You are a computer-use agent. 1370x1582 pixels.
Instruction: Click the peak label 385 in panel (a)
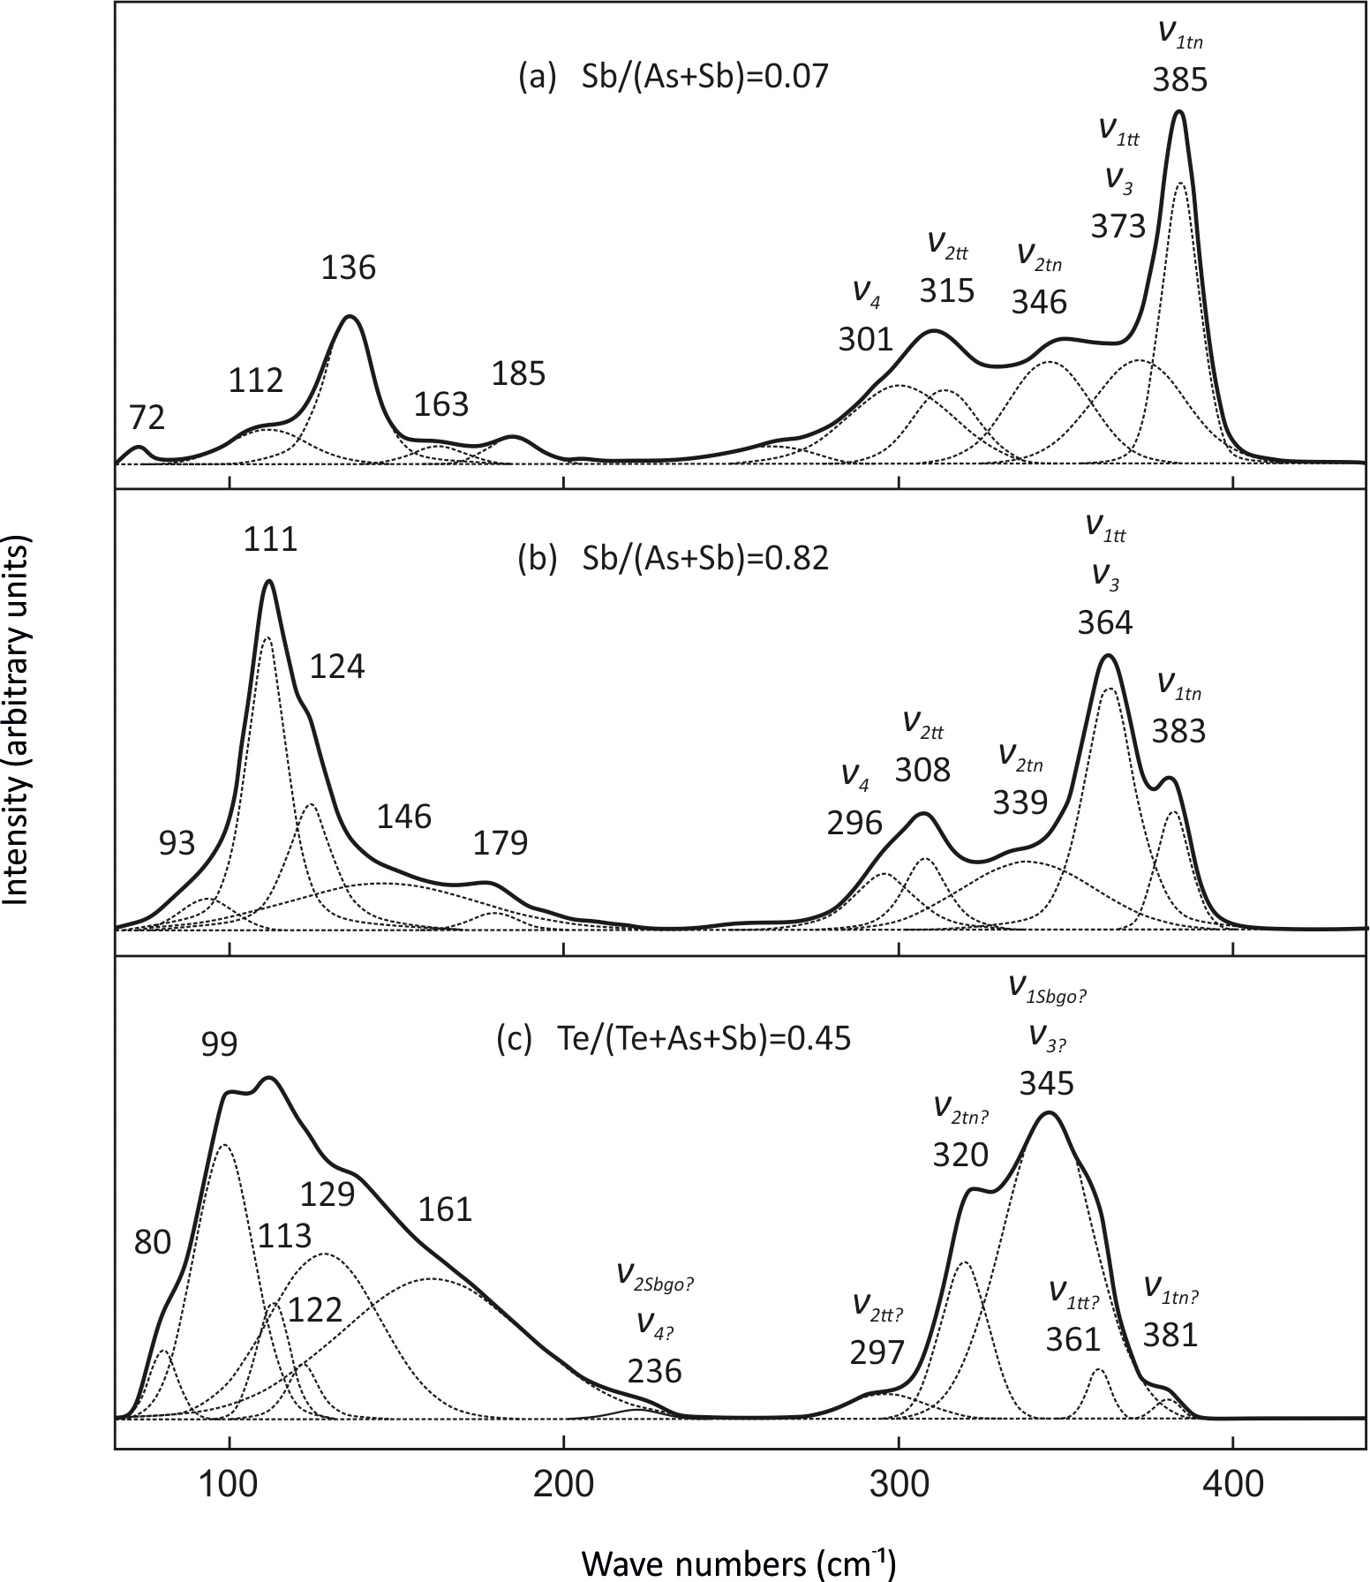click(x=1179, y=81)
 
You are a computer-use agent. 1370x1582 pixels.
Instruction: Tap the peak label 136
click(x=350, y=267)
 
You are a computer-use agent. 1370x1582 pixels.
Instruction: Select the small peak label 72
click(x=147, y=418)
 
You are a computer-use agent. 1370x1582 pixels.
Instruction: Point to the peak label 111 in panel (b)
click(x=271, y=539)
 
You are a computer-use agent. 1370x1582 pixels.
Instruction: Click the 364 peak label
click(x=1104, y=623)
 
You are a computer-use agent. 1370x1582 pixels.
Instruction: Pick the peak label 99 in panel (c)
click(x=220, y=1045)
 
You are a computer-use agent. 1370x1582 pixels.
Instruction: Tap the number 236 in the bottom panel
click(x=655, y=1371)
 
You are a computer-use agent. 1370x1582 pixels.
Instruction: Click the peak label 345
click(x=1046, y=1082)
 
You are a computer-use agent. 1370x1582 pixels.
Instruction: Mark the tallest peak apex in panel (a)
click(x=1178, y=112)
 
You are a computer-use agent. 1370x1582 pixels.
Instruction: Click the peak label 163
click(x=441, y=404)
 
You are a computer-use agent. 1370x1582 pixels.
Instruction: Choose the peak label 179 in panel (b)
click(x=501, y=843)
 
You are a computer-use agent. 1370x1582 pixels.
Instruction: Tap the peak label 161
click(x=447, y=1209)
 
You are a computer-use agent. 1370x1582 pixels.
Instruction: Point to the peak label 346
click(x=1039, y=302)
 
